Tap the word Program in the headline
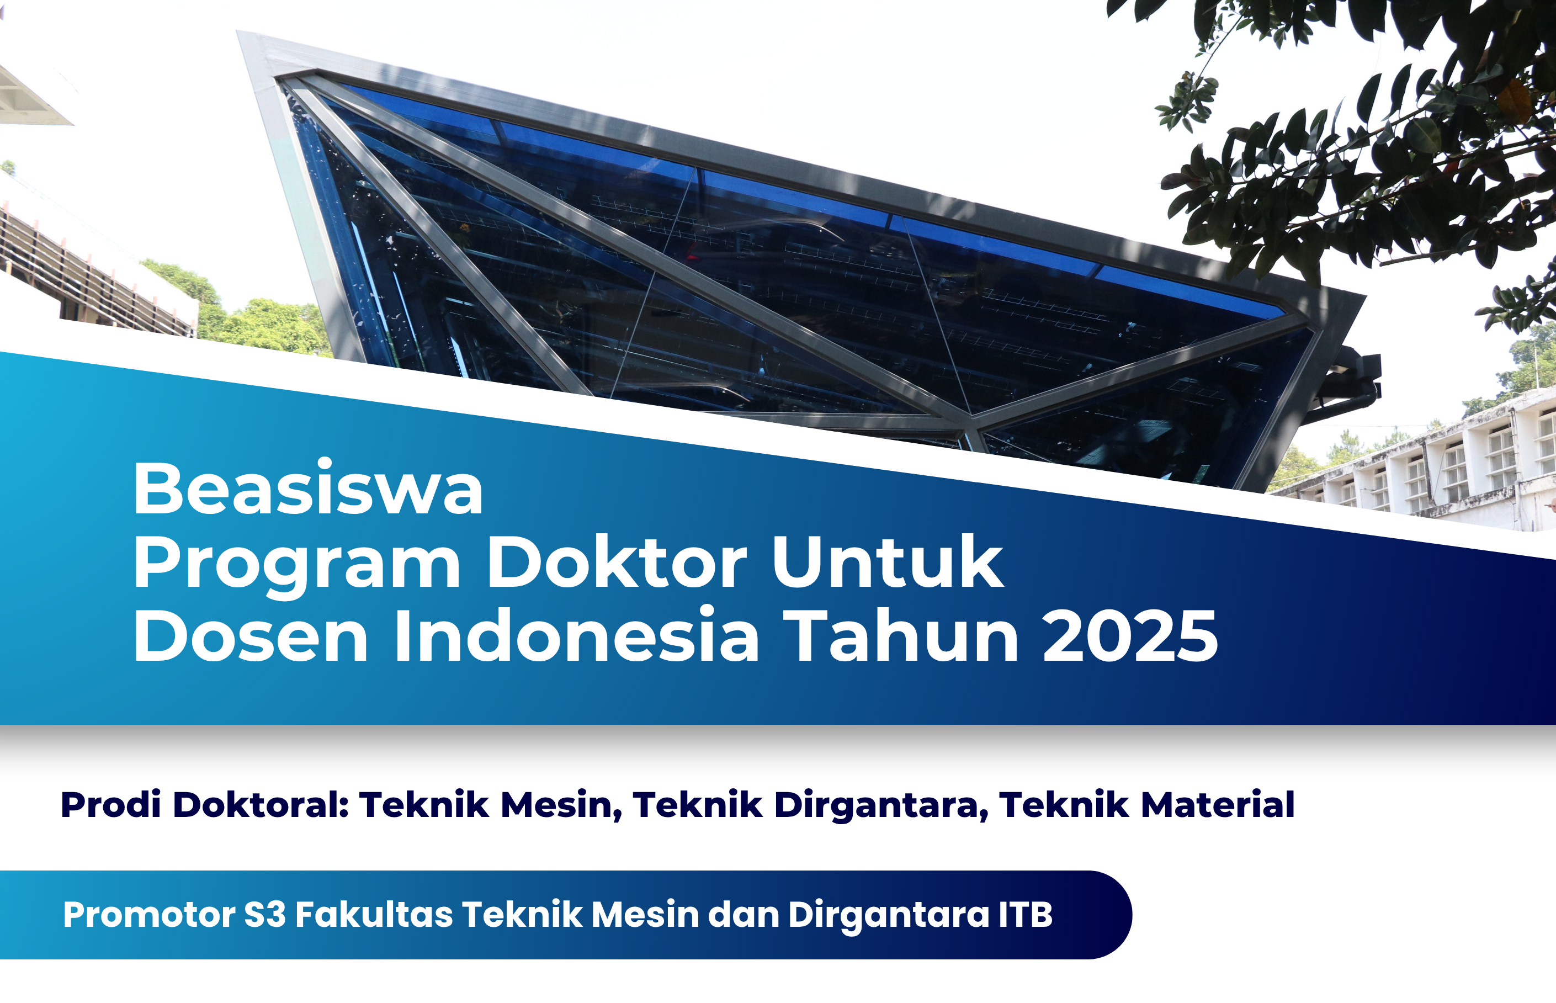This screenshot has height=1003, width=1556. [297, 564]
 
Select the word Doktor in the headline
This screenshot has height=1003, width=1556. [616, 561]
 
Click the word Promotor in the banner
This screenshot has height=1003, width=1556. [149, 915]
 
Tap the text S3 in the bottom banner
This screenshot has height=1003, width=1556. [265, 915]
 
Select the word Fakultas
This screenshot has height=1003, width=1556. [374, 915]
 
